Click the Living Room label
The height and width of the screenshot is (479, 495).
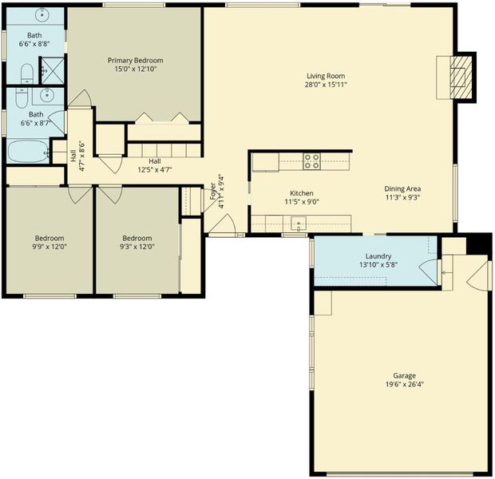coord(326,76)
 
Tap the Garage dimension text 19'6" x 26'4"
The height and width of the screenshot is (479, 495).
coord(405,385)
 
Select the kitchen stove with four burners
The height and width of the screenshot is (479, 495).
coord(311,161)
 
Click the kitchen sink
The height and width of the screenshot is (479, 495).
coord(299,224)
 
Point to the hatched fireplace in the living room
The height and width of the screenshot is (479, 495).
coord(461,77)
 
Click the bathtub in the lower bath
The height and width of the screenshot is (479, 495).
coord(29,152)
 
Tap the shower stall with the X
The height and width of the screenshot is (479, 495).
coord(53,70)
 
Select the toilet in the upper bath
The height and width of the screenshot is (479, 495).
coord(27,73)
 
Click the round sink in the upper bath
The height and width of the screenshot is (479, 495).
coord(42,14)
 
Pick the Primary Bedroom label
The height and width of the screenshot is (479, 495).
coord(136,61)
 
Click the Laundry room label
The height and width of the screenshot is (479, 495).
coord(378,256)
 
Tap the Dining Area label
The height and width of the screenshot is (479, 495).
coord(402,189)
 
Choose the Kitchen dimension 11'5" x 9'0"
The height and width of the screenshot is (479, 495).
coord(302,202)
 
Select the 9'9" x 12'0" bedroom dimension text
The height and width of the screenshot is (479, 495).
coord(49,247)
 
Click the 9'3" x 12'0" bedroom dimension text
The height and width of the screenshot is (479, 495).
coord(137,247)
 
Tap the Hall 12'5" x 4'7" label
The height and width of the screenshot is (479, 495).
coord(155,165)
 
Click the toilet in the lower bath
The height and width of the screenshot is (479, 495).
coord(22,98)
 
